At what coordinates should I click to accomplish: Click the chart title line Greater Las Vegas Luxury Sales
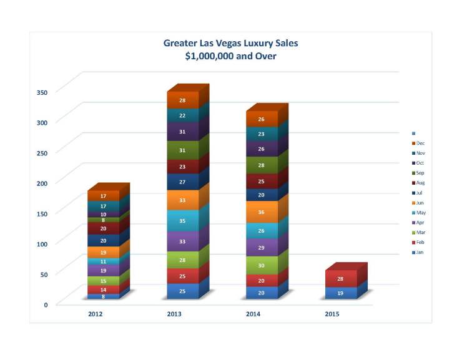(x=231, y=43)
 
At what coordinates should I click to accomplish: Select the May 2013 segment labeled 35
(x=182, y=220)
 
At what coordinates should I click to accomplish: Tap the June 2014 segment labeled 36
(x=262, y=212)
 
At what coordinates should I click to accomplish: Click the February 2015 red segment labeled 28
(x=340, y=279)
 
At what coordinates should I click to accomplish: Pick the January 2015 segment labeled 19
(x=340, y=293)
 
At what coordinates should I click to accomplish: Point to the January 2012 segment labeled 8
(x=103, y=296)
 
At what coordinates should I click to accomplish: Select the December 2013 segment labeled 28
(x=182, y=100)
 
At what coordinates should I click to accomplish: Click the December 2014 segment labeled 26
(x=262, y=119)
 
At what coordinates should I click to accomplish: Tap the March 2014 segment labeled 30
(x=262, y=265)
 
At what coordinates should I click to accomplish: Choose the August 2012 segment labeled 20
(x=103, y=228)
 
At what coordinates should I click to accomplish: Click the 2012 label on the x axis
(x=96, y=314)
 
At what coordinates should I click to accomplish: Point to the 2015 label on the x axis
(x=333, y=314)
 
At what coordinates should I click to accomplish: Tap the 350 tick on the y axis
(x=42, y=92)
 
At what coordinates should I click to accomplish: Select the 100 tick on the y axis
(x=42, y=244)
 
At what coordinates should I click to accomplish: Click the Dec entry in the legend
(x=420, y=143)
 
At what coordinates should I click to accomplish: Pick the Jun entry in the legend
(x=420, y=203)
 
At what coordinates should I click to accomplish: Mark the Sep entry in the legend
(x=420, y=173)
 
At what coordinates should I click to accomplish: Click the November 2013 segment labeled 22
(x=182, y=115)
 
